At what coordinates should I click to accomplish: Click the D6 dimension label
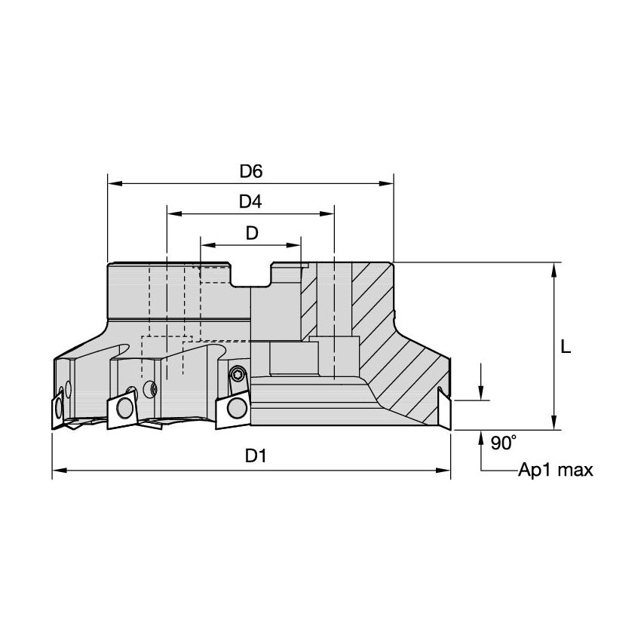coord(251,171)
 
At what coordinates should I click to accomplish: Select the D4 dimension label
coord(250,202)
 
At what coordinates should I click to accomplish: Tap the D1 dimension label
coord(251,456)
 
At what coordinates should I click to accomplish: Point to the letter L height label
coord(566,348)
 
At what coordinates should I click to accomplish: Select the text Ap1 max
coord(556,471)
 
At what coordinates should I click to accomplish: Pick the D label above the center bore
coord(251,233)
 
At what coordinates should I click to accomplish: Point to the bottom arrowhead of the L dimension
coord(555,424)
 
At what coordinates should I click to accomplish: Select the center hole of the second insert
coord(123,411)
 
